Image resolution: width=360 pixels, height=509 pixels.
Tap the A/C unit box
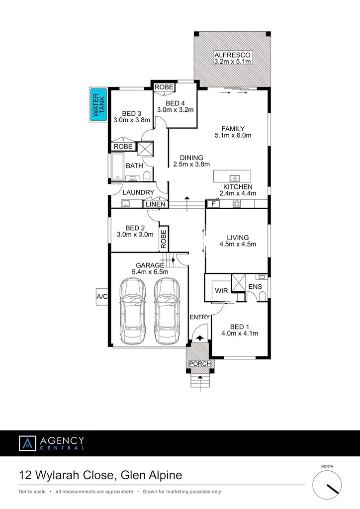click(102, 296)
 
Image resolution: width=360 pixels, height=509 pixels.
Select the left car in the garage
click(133, 310)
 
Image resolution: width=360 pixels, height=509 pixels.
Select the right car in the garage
click(167, 310)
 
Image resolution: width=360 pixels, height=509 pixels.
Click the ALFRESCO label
click(232, 55)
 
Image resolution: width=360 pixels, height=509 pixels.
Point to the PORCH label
click(200, 363)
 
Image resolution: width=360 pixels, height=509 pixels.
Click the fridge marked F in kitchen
click(213, 204)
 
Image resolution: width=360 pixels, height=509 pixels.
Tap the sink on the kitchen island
click(234, 177)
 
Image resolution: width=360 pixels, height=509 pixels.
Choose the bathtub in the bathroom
click(117, 166)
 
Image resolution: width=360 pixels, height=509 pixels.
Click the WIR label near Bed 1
click(221, 290)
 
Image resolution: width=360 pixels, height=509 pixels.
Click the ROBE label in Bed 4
click(164, 87)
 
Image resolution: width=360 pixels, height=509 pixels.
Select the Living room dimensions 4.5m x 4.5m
click(237, 244)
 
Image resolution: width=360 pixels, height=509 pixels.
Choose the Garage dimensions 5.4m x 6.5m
click(150, 272)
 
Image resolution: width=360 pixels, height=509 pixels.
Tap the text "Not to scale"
click(32, 492)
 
